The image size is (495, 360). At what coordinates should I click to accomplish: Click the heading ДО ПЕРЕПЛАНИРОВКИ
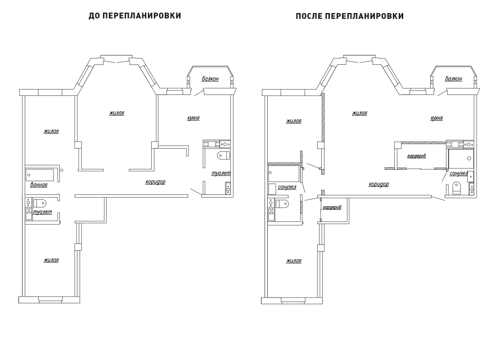tap(135, 16)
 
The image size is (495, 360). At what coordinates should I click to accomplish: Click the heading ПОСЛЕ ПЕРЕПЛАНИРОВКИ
tap(350, 16)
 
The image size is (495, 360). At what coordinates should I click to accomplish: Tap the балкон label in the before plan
tap(210, 79)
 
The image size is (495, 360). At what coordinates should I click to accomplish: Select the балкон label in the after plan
tap(453, 79)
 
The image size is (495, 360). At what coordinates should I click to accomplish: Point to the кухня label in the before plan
tap(193, 118)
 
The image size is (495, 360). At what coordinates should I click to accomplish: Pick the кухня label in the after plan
tap(436, 118)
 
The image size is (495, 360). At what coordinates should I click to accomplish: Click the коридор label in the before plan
tap(155, 182)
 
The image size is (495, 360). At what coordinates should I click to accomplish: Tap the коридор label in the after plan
tap(379, 184)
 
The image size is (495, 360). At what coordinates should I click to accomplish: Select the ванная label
tap(39, 185)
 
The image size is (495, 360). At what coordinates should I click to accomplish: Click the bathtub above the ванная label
tap(40, 175)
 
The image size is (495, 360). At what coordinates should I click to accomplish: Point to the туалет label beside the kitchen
tap(221, 173)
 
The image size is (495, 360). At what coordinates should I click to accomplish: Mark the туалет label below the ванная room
tap(42, 212)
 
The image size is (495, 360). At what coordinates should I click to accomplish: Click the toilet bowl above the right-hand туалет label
tap(224, 155)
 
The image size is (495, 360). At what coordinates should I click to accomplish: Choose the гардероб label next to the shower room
tap(416, 156)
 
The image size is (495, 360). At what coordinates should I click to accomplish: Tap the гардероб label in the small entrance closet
tap(332, 207)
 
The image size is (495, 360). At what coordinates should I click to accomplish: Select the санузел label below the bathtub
tap(287, 187)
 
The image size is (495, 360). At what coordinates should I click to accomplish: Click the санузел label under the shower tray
tap(459, 173)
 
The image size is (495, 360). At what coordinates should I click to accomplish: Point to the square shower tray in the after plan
tap(461, 159)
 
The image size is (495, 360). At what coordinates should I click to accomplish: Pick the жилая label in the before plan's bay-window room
tap(117, 113)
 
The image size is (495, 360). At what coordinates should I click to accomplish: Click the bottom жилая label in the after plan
tap(294, 261)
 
